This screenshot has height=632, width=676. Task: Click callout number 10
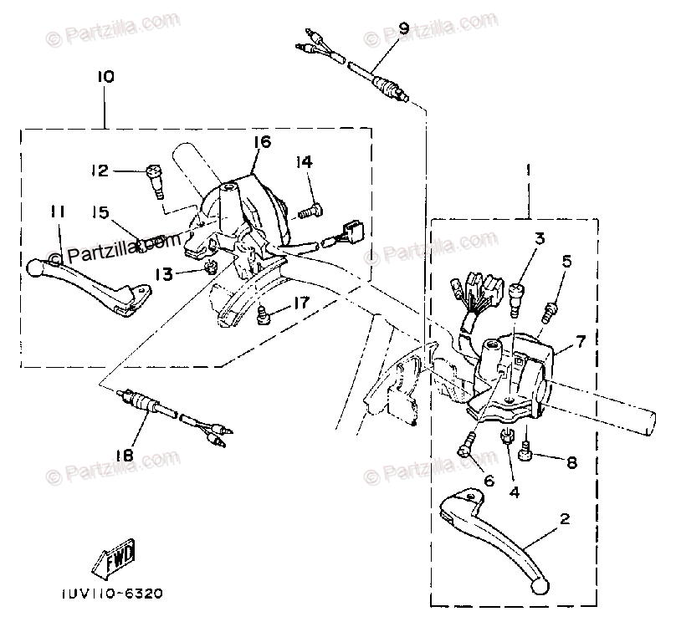tap(105, 77)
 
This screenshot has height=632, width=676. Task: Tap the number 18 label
tap(124, 456)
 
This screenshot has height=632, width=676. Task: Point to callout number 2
tap(565, 518)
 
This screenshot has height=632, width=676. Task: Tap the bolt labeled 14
tap(306, 210)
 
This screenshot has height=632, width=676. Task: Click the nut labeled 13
tap(211, 268)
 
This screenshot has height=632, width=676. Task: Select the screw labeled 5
tap(551, 311)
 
